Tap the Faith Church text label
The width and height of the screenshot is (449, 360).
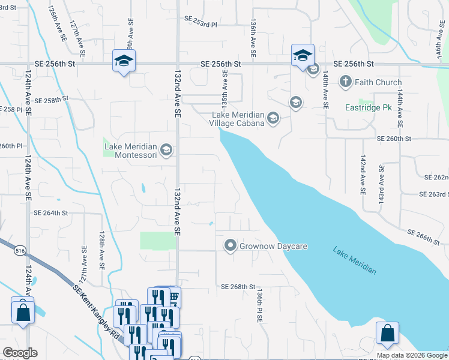[378, 82]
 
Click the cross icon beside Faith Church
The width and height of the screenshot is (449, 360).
[345, 82]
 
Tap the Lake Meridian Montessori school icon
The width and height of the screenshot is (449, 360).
[166, 149]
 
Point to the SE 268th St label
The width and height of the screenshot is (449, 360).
[238, 287]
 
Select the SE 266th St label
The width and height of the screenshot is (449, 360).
[424, 236]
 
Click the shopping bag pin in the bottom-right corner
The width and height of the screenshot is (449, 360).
[387, 334]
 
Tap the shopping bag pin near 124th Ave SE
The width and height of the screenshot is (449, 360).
[23, 311]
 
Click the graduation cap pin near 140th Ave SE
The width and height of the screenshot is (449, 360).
[303, 55]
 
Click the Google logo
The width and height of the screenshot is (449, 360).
[20, 353]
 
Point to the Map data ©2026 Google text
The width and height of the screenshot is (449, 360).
[411, 355]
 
